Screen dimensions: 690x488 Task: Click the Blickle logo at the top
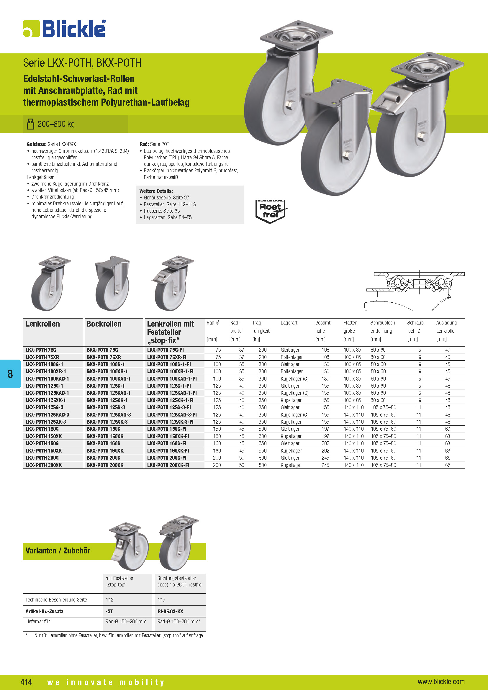[64, 29]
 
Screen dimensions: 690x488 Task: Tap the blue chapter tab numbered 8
[10, 373]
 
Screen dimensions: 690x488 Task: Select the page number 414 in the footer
[26, 681]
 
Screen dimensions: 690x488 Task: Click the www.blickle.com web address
[441, 681]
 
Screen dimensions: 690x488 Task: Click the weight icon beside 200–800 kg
[30, 124]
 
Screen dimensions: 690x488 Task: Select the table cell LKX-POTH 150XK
[44, 436]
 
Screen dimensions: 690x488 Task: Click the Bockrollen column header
[104, 324]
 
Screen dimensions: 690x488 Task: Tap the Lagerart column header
[289, 323]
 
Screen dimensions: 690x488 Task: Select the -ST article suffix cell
[109, 611]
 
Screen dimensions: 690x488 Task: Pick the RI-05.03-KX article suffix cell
[170, 611]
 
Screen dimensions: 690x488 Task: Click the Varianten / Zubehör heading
[58, 550]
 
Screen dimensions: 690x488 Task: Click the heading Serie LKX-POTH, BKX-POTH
[82, 63]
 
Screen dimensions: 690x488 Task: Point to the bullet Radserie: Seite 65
[162, 211]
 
